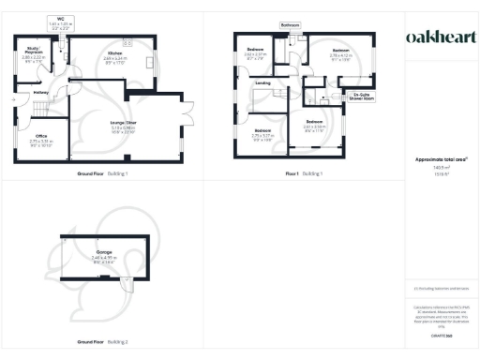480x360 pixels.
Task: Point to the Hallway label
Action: point(41,92)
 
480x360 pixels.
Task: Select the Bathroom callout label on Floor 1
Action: point(290,24)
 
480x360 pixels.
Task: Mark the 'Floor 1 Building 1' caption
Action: point(303,173)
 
